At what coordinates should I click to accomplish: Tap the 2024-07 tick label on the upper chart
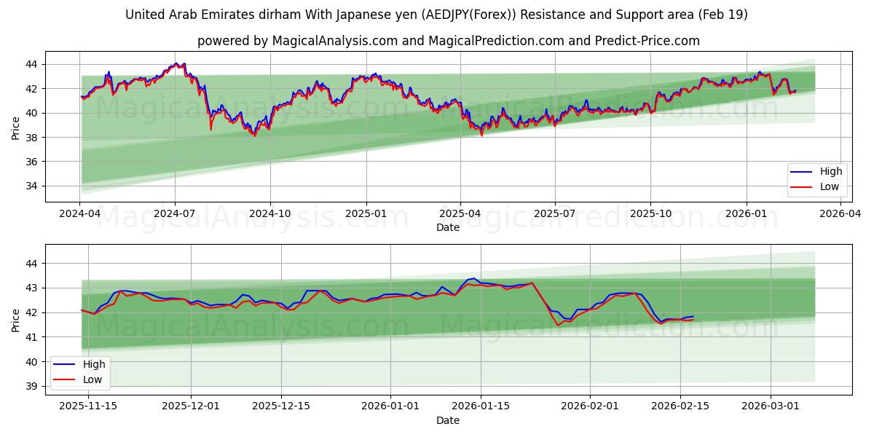(175, 213)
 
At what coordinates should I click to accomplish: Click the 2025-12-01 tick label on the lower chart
(190, 406)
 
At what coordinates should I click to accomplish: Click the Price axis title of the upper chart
(15, 127)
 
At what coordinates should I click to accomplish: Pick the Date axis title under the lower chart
(448, 420)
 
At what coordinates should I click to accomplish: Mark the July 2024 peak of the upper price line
(175, 64)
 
